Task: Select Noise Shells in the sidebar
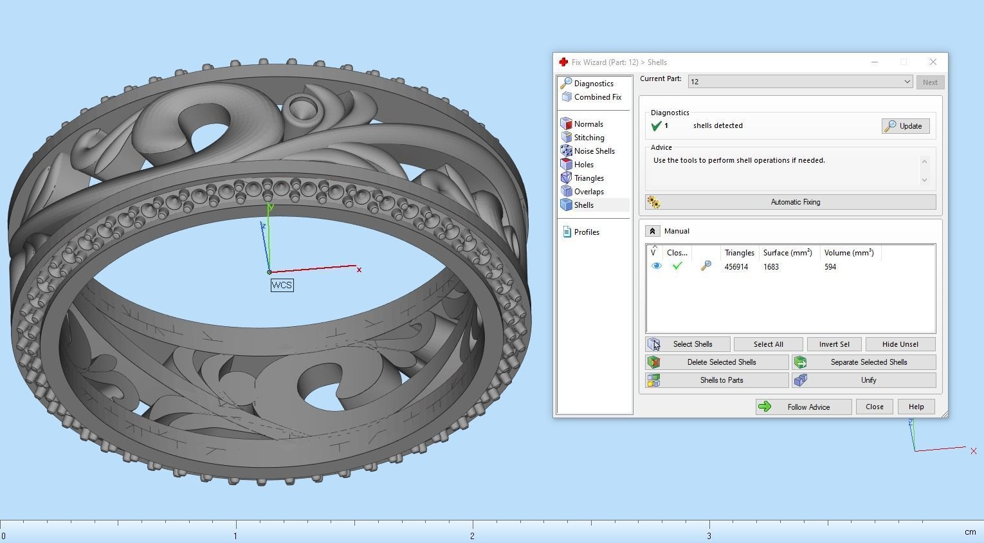594,151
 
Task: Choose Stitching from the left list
588,138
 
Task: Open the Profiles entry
586,232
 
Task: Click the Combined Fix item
597,97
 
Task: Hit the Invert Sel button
834,344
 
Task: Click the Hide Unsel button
900,344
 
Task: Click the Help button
916,407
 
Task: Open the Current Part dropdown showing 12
800,82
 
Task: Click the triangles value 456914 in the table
736,267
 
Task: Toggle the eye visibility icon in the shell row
656,266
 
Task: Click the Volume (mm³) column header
848,253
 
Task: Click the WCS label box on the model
282,285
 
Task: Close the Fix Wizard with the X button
933,62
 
